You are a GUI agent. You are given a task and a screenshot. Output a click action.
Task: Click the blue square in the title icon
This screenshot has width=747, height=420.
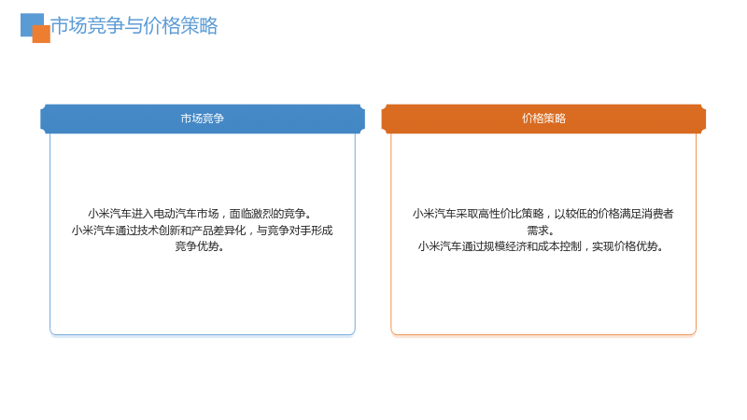tap(30, 21)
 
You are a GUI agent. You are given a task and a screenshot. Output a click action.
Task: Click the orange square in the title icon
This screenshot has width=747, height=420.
tap(41, 35)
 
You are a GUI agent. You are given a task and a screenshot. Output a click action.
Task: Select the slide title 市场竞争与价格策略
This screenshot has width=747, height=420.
tap(134, 26)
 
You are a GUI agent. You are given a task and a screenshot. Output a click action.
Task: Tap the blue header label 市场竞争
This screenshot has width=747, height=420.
tap(203, 119)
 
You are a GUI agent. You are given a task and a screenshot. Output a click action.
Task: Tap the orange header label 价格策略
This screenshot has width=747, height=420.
tap(543, 119)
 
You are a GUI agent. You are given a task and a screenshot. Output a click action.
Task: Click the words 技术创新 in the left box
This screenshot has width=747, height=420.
tap(159, 231)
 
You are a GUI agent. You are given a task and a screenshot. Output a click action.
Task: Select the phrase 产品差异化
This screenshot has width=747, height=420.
tap(218, 231)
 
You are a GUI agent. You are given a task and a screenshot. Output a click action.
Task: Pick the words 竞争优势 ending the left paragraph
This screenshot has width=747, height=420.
tap(197, 246)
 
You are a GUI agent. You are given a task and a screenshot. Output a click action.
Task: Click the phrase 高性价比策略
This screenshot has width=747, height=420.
tap(511, 214)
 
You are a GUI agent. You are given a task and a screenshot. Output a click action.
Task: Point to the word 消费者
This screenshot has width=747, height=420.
tap(657, 214)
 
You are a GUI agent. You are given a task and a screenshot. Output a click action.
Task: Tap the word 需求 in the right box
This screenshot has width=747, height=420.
tap(538, 231)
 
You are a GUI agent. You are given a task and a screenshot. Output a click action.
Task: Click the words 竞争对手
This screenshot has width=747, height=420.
tap(289, 231)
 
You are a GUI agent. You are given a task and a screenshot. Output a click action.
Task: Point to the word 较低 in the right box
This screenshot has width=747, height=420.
tap(576, 214)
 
